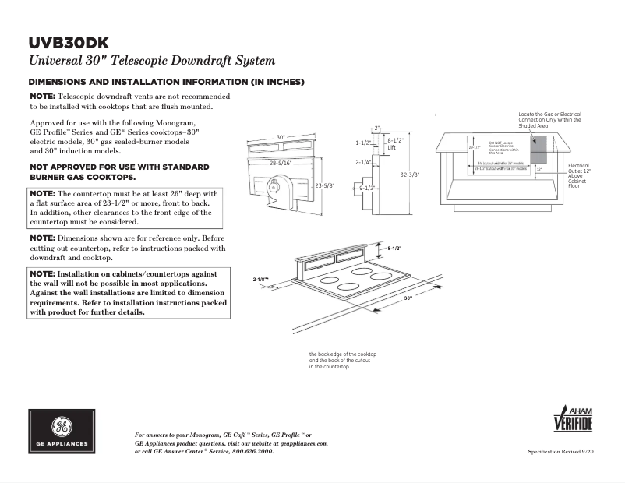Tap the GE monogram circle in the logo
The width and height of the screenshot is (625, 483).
[62, 426]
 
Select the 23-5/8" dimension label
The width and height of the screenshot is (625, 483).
[326, 185]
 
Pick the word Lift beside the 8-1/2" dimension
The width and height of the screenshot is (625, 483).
[392, 147]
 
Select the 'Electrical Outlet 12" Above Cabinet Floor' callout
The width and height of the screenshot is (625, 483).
[579, 176]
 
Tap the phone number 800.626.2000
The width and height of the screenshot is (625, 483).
[251, 451]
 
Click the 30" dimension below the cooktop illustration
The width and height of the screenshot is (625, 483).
[408, 298]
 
